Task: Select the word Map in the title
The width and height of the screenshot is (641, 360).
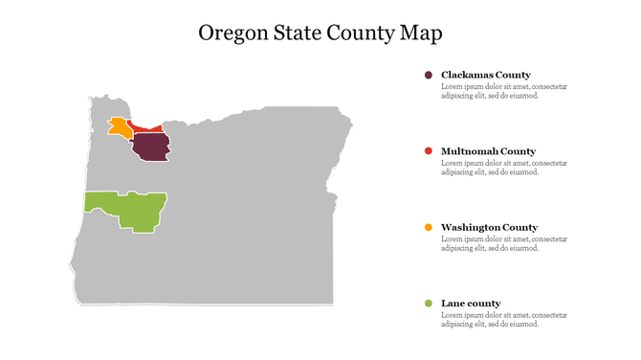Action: (x=421, y=34)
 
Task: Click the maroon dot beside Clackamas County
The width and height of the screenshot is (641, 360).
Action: (x=428, y=75)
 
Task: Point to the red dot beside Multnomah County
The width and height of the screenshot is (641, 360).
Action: (x=428, y=151)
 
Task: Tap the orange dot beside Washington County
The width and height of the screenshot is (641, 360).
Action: (x=428, y=227)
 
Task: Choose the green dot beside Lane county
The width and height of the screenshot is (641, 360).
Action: (x=428, y=304)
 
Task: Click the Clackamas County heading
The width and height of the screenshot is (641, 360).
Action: (x=485, y=75)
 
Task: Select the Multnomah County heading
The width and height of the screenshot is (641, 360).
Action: (x=488, y=151)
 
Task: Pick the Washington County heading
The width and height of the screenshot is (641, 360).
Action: (x=489, y=227)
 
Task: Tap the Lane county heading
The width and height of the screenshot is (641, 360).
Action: (x=471, y=304)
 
